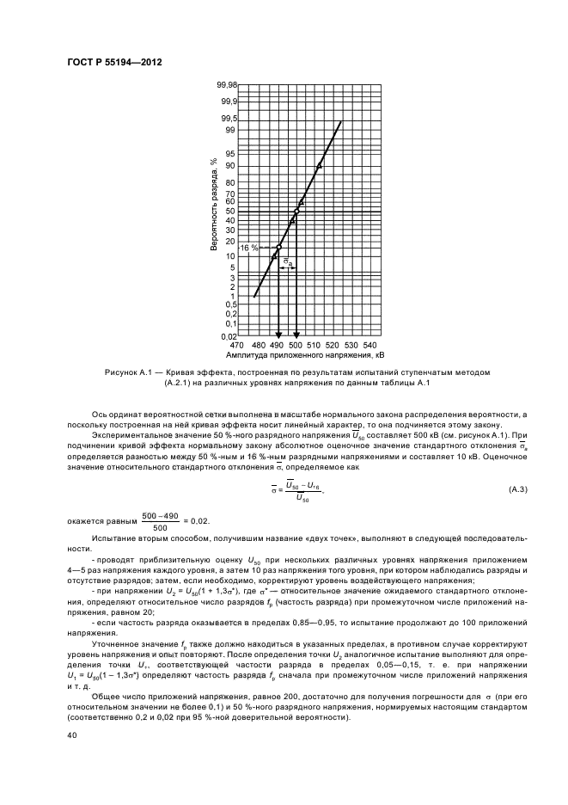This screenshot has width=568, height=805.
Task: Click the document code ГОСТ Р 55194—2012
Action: coord(114,62)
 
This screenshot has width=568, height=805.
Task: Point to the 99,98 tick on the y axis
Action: coord(226,86)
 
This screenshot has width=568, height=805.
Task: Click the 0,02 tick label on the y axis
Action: coord(227,337)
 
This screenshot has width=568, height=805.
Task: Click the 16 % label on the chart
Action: coord(249,248)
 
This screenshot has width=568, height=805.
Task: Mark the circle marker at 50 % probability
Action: coord(296,211)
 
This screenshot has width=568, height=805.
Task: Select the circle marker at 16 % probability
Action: coord(278,248)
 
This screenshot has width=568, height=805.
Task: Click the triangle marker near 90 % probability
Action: coord(319,165)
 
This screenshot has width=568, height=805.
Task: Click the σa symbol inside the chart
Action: coord(288,261)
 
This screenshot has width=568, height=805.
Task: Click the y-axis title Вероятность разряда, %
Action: coord(213,205)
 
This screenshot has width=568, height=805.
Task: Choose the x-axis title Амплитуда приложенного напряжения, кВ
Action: coord(304,354)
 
